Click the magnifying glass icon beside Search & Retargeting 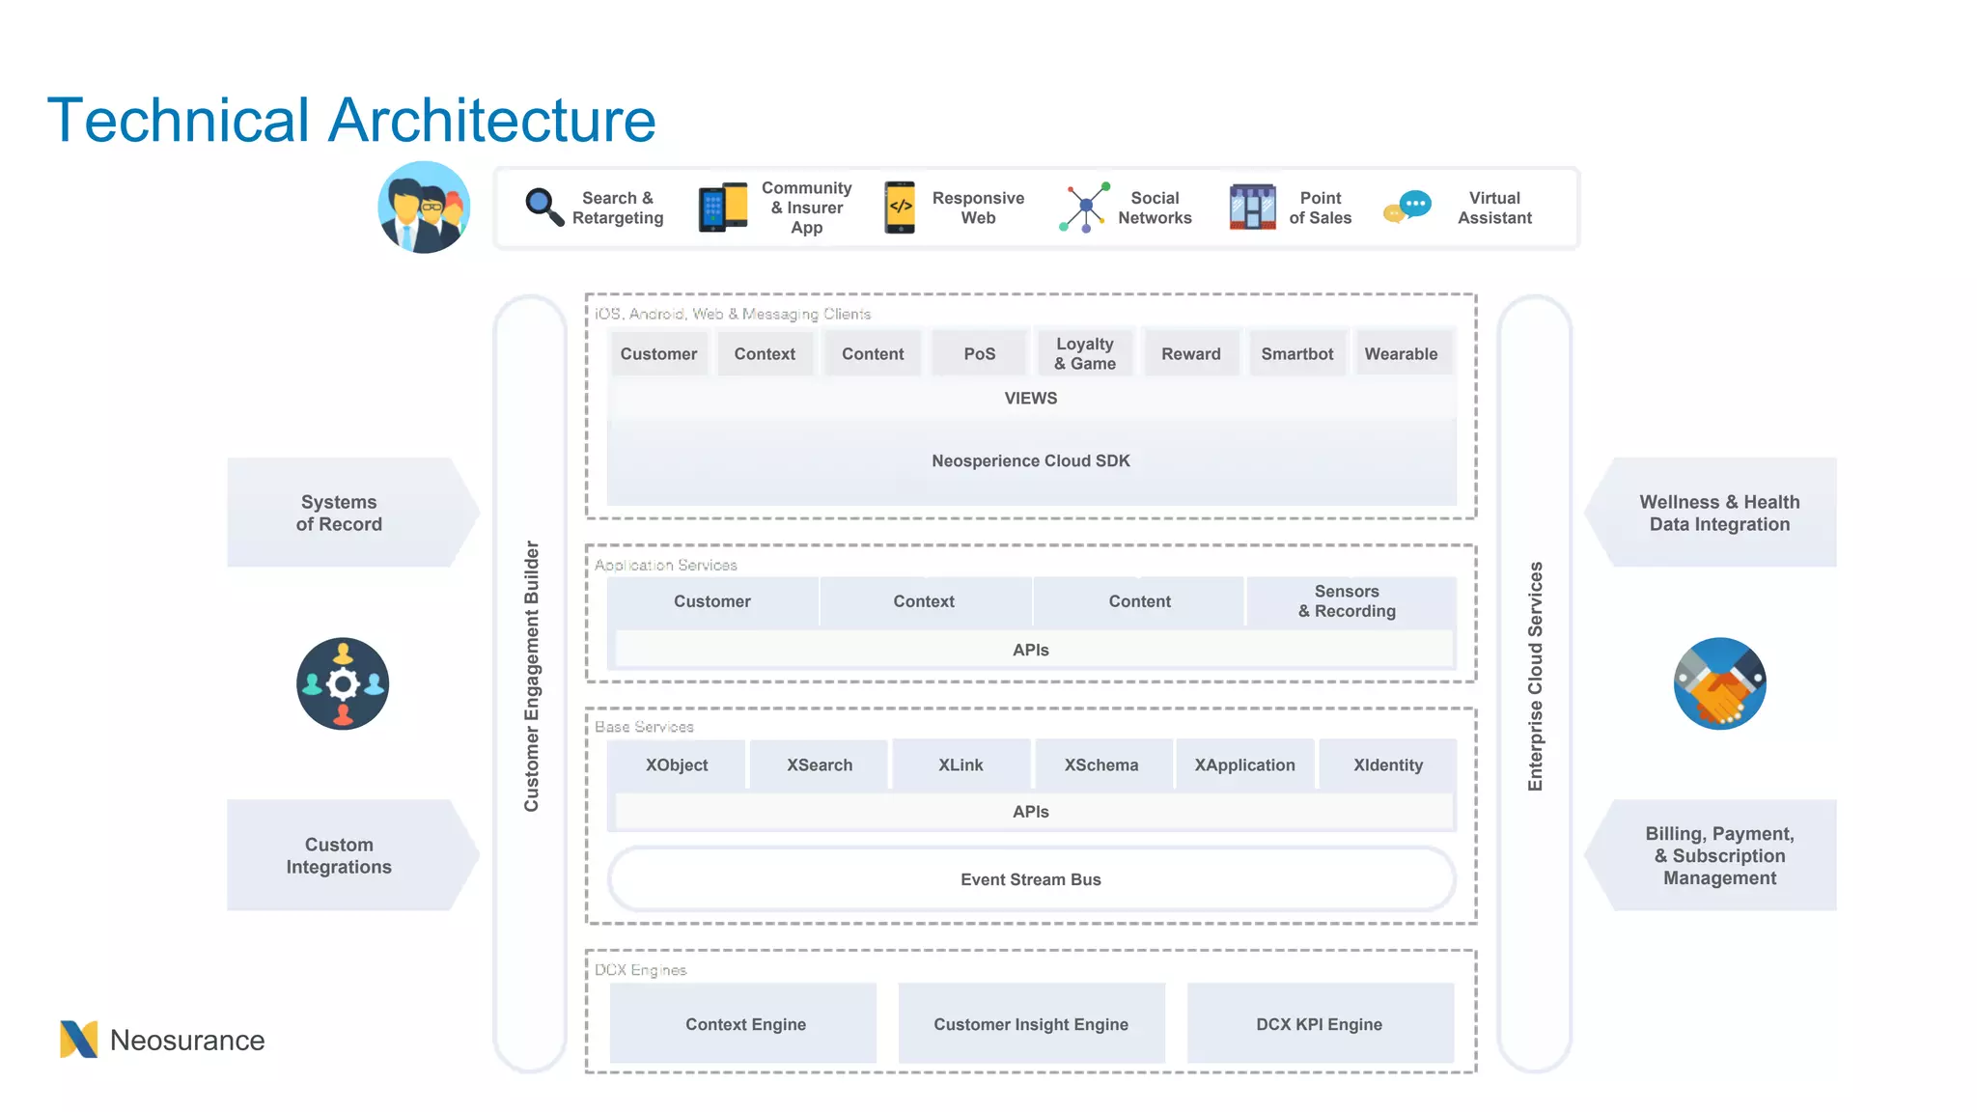(x=543, y=207)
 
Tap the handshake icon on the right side (x=1719, y=683)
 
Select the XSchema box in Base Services (x=1101, y=764)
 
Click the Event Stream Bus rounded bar (x=1030, y=879)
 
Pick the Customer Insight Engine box (x=1030, y=1024)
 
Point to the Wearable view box (x=1401, y=354)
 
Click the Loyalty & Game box (x=1084, y=353)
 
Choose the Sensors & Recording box (x=1348, y=601)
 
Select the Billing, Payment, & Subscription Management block (x=1719, y=855)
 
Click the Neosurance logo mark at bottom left (x=78, y=1040)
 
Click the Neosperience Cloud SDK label (x=1030, y=461)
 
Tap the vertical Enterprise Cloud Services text (x=1535, y=676)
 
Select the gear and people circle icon (x=343, y=683)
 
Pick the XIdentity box (x=1387, y=764)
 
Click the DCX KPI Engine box (x=1319, y=1024)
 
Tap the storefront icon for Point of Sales (x=1252, y=207)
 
